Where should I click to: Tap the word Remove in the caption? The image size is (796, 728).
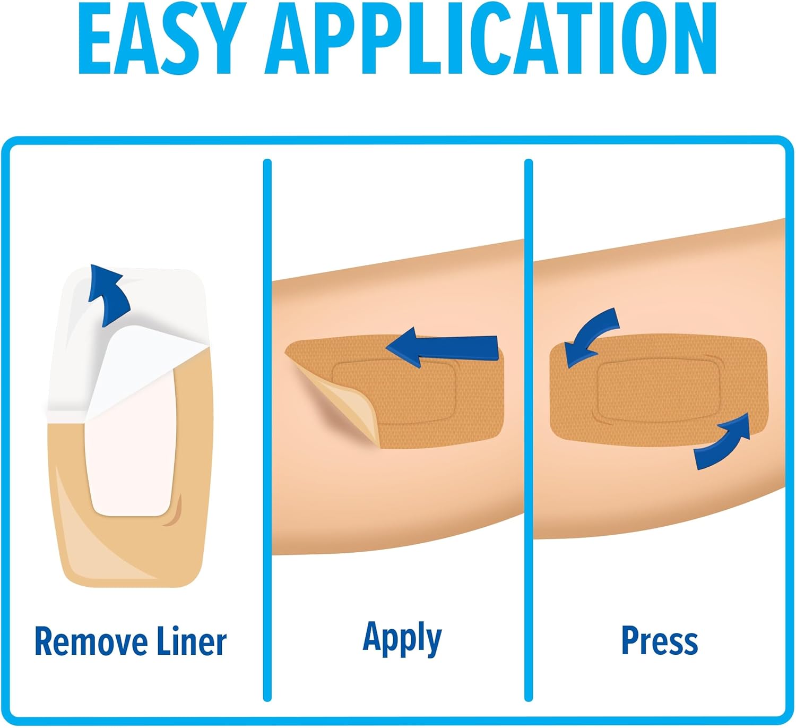(90, 642)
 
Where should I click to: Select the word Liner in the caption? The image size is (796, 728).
(192, 641)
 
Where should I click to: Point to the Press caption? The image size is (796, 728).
(659, 640)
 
